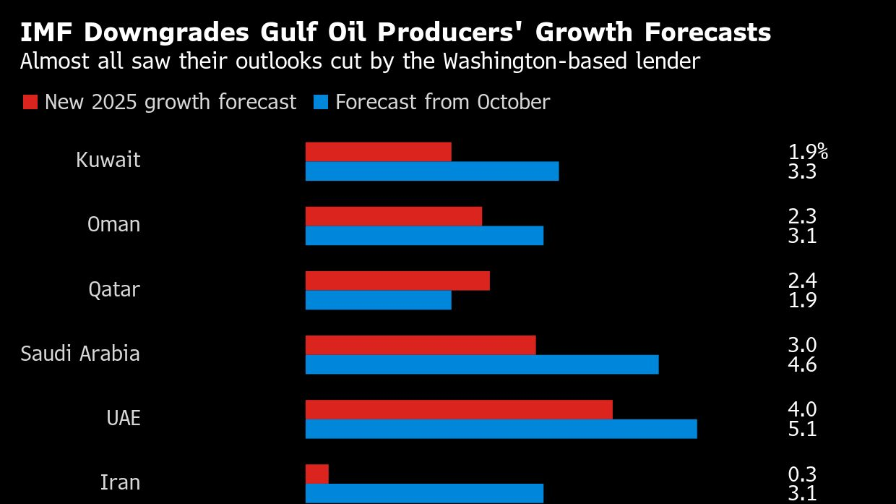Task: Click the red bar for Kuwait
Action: pos(378,152)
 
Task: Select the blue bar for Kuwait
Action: pos(432,171)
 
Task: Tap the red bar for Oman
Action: pos(393,216)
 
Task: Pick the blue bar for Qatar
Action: pos(378,300)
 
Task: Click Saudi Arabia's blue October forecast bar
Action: pos(482,364)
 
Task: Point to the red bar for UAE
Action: pos(459,409)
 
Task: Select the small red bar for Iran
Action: pos(317,474)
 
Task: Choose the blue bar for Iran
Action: pos(424,493)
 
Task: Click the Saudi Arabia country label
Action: pos(80,354)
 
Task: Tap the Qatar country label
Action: pos(114,290)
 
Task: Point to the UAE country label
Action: pos(123,419)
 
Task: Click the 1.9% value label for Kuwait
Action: pos(807,152)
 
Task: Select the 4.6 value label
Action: pos(802,364)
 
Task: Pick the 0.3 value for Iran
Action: pos(802,474)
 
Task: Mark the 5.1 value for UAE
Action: pos(802,429)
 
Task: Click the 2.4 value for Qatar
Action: pos(802,281)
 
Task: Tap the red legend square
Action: pos(30,102)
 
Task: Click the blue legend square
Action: pos(322,102)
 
